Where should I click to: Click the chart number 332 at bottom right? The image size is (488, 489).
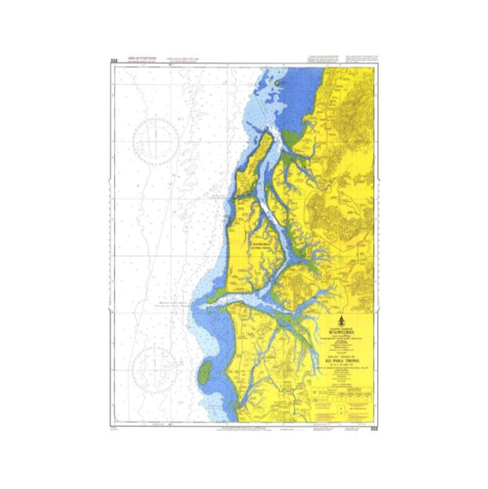pyautogui.click(x=374, y=428)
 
